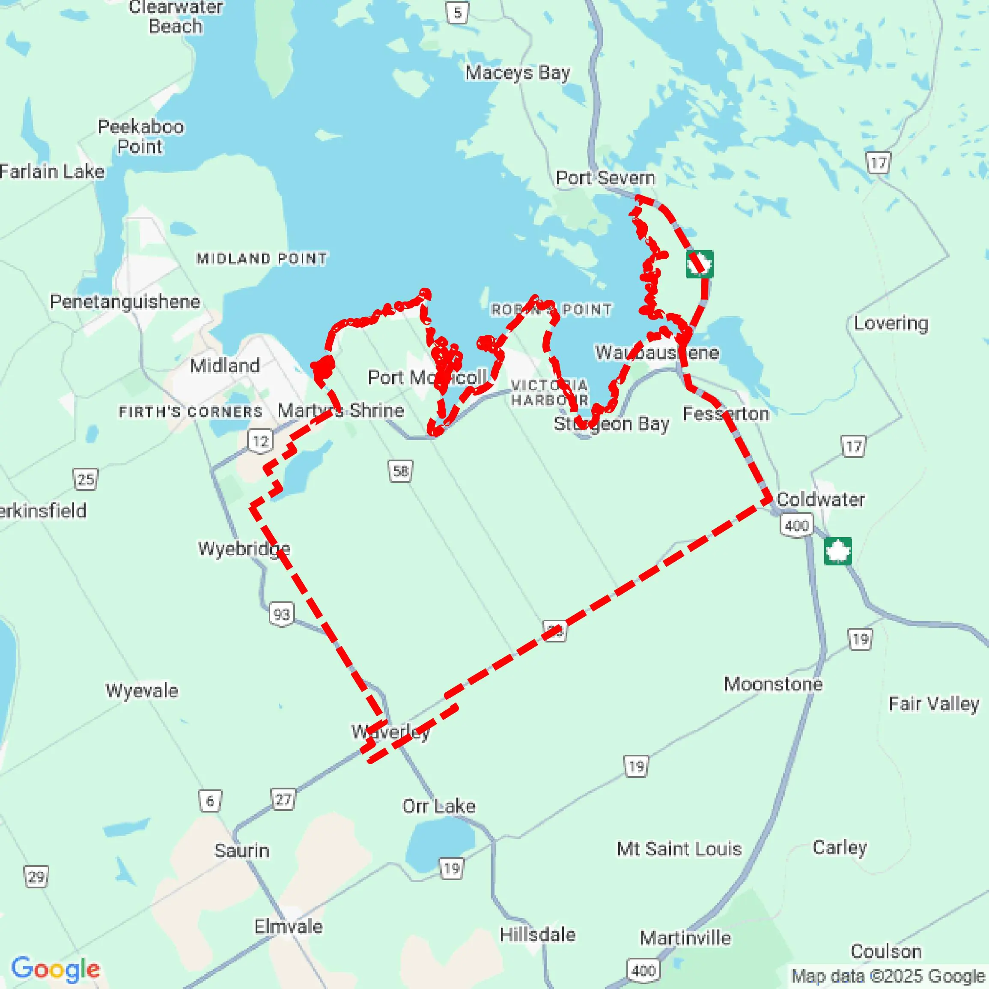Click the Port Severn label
pyautogui.click(x=605, y=178)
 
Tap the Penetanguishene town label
pyautogui.click(x=125, y=302)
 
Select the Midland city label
pyautogui.click(x=225, y=366)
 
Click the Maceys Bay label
pyautogui.click(x=518, y=73)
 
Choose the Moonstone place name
pyautogui.click(x=773, y=684)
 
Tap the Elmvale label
pyautogui.click(x=288, y=926)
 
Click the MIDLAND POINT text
pyautogui.click(x=262, y=259)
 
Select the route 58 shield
pyautogui.click(x=400, y=471)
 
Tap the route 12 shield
pyautogui.click(x=261, y=441)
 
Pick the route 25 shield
pyautogui.click(x=86, y=479)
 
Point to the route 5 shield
pyautogui.click(x=458, y=12)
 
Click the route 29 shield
pyautogui.click(x=36, y=877)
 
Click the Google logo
pyautogui.click(x=55, y=968)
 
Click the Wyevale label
pyautogui.click(x=142, y=690)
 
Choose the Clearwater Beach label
pyautogui.click(x=175, y=16)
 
